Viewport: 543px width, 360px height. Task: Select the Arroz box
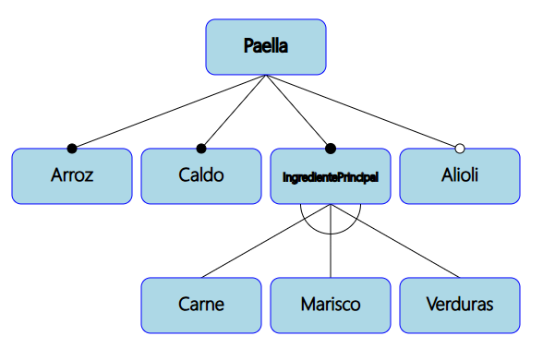coord(72,175)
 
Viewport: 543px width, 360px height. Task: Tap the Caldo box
coord(201,175)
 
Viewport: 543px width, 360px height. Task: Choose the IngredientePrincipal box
coord(331,175)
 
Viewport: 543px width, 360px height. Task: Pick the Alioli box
coord(460,175)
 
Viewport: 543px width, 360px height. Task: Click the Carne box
coord(201,305)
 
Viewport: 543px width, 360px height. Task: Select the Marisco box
coord(331,305)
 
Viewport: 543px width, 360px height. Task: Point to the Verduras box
coord(460,305)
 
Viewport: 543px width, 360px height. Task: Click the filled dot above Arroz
coord(72,148)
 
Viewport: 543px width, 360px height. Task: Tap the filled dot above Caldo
coord(201,148)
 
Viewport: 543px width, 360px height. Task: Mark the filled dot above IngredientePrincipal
coord(331,148)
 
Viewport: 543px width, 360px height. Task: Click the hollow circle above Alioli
coord(460,148)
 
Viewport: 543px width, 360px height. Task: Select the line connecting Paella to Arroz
coord(169,112)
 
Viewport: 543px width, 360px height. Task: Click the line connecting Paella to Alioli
coord(363,112)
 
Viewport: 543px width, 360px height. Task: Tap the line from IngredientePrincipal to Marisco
coord(331,254)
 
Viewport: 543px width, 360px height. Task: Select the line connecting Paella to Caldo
coord(234,112)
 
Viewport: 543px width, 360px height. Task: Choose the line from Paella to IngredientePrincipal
coord(298,112)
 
